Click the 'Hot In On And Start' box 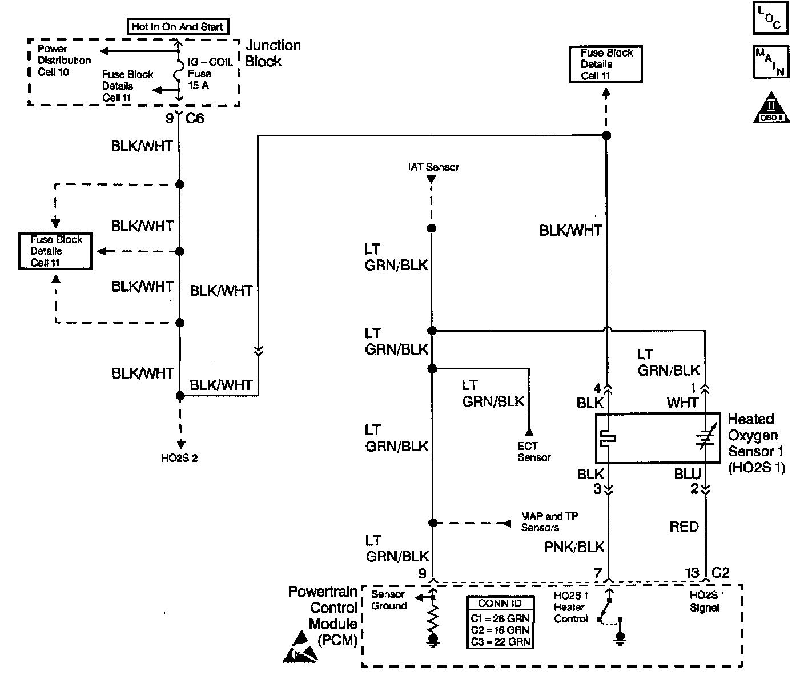click(x=177, y=26)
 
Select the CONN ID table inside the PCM click(x=500, y=622)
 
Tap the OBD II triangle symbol click(x=771, y=109)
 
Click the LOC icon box click(x=771, y=18)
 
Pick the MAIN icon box click(x=771, y=62)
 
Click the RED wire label click(x=684, y=527)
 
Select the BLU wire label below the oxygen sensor click(x=687, y=474)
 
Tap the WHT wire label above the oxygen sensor click(x=682, y=403)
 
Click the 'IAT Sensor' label click(x=433, y=167)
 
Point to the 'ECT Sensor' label click(x=534, y=452)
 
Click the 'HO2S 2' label click(x=179, y=459)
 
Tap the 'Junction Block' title click(x=272, y=53)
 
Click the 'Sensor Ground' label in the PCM click(x=388, y=600)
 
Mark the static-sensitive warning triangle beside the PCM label click(x=300, y=648)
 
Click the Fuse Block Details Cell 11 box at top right click(x=606, y=64)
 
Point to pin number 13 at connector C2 click(x=692, y=573)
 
